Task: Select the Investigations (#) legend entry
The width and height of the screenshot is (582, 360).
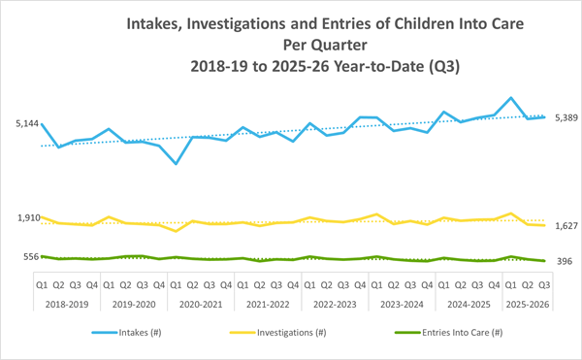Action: (x=300, y=331)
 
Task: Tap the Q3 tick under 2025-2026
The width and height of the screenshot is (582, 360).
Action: (x=544, y=285)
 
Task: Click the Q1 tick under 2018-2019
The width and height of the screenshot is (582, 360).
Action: (x=42, y=285)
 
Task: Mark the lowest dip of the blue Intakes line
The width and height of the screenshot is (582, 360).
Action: (x=176, y=163)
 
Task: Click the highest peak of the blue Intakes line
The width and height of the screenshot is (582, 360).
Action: (x=510, y=98)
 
